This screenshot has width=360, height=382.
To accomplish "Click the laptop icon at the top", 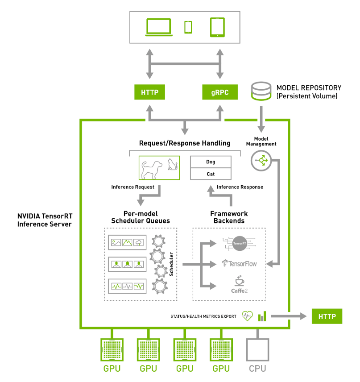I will pos(158,27).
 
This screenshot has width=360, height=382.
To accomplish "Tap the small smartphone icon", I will pos(188,27).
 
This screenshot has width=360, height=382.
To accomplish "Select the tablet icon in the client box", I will pos(217,27).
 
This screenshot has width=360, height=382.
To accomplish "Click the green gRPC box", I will pos(219,92).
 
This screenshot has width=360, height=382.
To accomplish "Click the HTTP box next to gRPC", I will pos(149,92).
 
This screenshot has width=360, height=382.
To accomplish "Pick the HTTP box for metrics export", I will pos(327,316).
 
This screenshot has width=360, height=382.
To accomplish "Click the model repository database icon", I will pos(261,91).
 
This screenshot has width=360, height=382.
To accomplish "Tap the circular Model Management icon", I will pos(261,161).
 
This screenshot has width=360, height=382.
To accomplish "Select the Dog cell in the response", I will pos(211,162).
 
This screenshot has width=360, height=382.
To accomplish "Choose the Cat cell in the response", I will pos(211,174).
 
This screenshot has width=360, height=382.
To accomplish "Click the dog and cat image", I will pos(159,168).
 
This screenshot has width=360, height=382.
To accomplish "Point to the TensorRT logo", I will pos(239,243).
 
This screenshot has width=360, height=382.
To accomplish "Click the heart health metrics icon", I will pos(247,316).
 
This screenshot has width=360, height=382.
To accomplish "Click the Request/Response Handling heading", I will pos(185,143).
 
